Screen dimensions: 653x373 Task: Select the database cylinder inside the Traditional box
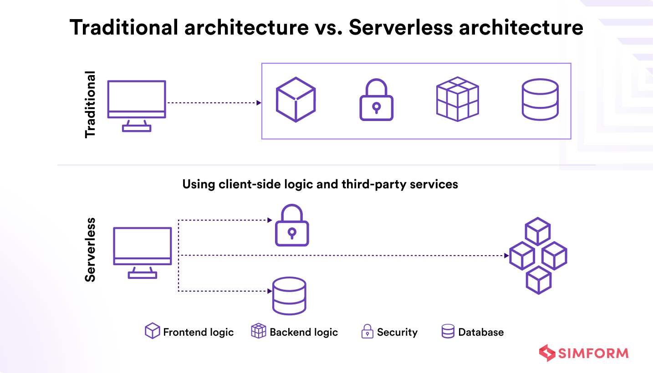point(540,100)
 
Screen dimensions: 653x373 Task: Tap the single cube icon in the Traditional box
point(296,99)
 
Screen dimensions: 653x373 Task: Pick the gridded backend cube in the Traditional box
point(457,99)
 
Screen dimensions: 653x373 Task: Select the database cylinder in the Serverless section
point(289,296)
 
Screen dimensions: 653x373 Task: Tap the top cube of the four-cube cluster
point(537,231)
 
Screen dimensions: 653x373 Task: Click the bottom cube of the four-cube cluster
point(538,280)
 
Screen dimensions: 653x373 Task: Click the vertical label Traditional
point(90,105)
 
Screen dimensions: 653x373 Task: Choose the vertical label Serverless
point(90,250)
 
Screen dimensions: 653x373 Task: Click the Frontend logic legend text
point(198,332)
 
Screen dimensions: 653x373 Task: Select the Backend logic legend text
point(304,332)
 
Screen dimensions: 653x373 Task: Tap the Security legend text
point(398,332)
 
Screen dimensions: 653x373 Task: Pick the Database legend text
point(481,332)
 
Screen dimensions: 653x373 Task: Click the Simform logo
point(584,353)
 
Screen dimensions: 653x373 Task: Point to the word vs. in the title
point(328,27)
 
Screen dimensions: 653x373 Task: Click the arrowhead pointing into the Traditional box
point(259,103)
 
